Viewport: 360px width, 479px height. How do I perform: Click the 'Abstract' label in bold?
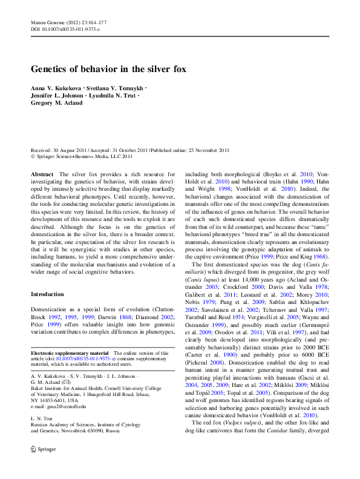(42, 174)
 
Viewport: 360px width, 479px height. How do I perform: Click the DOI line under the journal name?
(65, 29)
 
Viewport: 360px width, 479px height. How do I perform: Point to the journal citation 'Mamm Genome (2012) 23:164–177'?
(68, 22)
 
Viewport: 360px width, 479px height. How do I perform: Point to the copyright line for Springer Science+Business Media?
(81, 156)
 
